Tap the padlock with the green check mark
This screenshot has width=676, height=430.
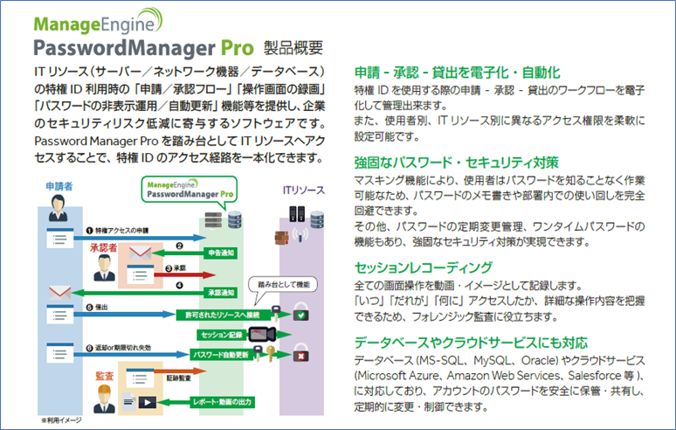300,311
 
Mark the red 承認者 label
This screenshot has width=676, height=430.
106,248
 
